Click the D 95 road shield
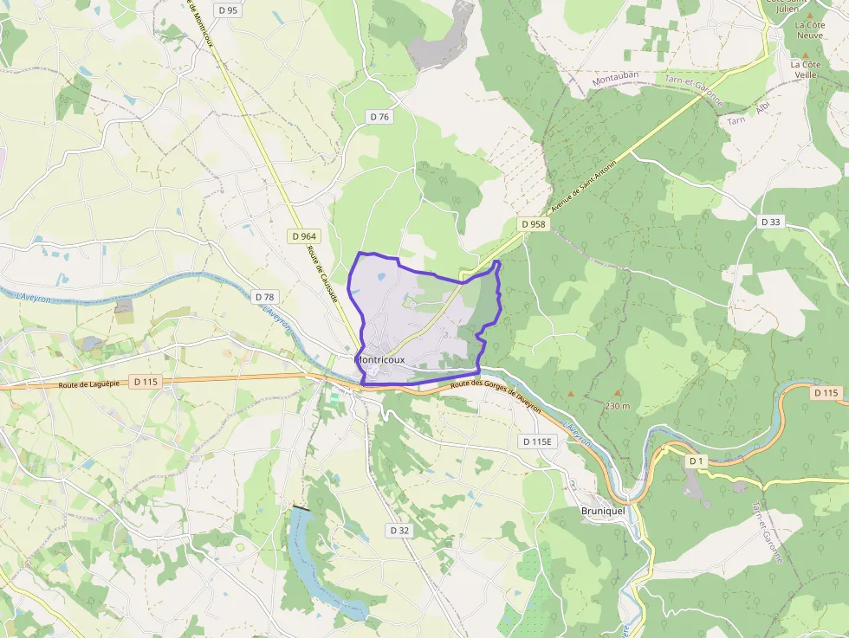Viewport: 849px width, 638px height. [228, 10]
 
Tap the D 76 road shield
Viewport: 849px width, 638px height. [379, 117]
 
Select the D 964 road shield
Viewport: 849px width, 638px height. [305, 235]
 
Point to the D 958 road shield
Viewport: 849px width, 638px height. [535, 224]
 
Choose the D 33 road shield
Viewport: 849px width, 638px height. [771, 222]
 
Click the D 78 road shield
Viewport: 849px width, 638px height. [265, 297]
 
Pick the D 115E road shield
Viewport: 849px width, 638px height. [537, 441]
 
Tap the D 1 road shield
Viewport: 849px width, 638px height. [696, 461]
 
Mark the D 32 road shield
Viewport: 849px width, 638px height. [399, 530]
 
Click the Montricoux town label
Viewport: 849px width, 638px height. [379, 359]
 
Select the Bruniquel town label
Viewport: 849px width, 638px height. [604, 512]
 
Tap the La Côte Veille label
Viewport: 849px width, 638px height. [805, 69]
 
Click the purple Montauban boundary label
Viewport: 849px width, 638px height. [615, 77]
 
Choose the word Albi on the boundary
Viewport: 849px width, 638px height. [762, 108]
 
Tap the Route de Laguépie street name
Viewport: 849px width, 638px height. [88, 384]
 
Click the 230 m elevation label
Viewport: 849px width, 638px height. [617, 406]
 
